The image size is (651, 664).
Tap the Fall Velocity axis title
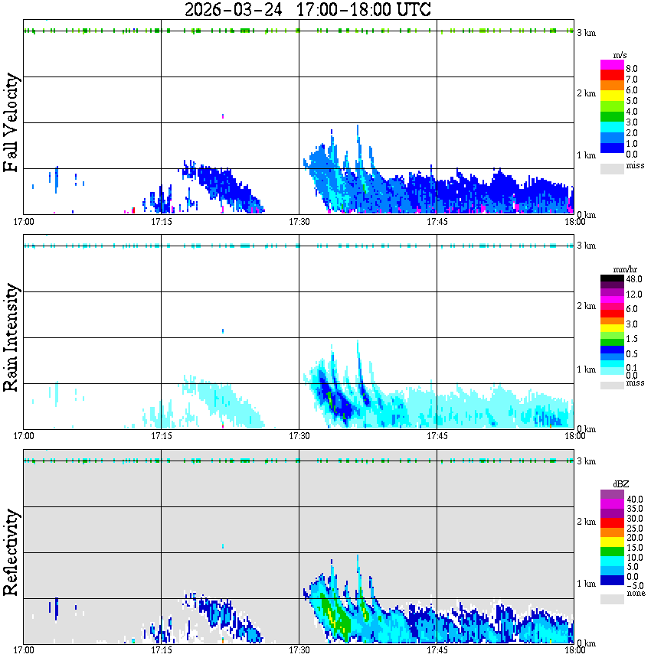(x=11, y=123)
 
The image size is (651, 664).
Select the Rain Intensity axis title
(x=11, y=337)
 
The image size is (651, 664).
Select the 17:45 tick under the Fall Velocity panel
(x=437, y=222)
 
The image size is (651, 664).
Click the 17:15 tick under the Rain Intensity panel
(x=161, y=436)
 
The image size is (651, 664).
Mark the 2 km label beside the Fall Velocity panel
(x=586, y=93)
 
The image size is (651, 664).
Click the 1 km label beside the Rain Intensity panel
(x=586, y=369)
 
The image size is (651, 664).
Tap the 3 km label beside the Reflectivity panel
(x=586, y=461)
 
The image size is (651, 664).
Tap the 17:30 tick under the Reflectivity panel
(x=299, y=650)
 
